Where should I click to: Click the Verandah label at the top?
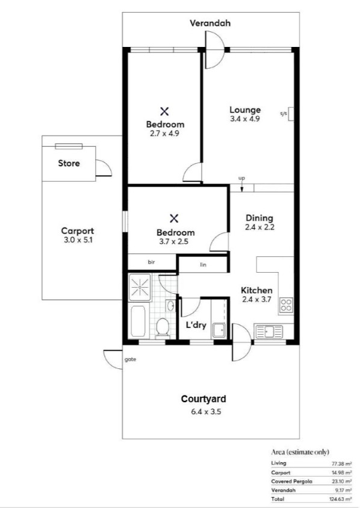pos(210,23)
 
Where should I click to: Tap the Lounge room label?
pos(245,110)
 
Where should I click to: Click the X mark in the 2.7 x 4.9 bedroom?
pos(164,111)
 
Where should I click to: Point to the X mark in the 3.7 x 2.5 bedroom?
pos(175,218)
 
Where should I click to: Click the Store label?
pos(69,163)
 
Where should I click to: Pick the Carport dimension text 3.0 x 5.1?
pos(78,240)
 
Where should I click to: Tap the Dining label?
pos(259,218)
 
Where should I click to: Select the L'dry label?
pos(196,325)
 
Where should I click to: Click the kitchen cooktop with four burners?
pos(285,306)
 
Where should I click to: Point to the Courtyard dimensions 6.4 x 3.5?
pos(203,412)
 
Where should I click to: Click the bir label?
pos(152,262)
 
